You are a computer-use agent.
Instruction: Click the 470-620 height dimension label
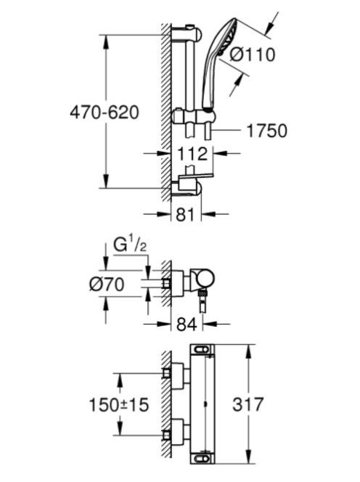[x=105, y=113]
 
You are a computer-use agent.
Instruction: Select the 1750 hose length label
[x=266, y=131]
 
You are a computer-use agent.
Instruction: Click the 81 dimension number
[x=185, y=214]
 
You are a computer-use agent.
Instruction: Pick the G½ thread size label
[x=130, y=245]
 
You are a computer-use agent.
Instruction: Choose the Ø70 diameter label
[x=107, y=284]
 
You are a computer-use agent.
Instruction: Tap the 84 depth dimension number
[x=187, y=324]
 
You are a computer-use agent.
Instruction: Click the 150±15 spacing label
[x=118, y=404]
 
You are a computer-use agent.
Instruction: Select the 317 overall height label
[x=247, y=404]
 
